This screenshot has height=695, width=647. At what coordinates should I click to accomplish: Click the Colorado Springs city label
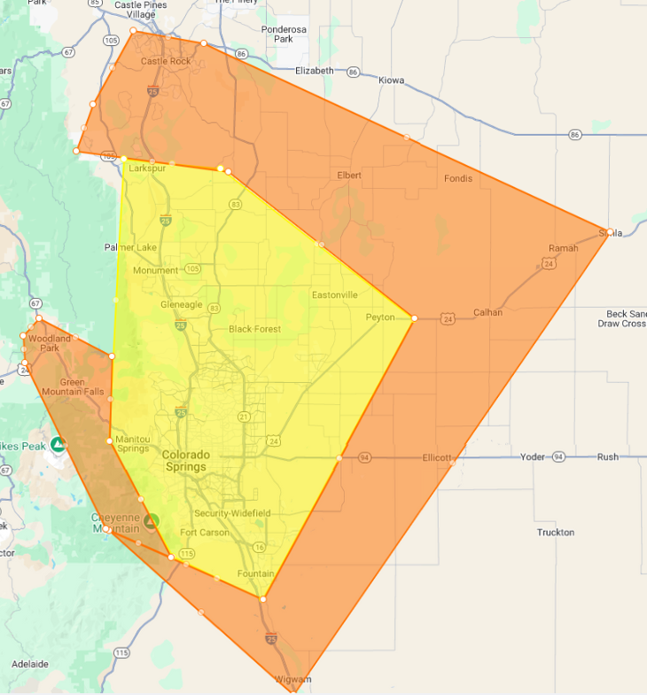click(x=186, y=460)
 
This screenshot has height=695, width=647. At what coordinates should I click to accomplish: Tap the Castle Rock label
click(x=166, y=61)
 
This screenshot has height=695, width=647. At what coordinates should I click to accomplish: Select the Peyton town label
click(x=380, y=316)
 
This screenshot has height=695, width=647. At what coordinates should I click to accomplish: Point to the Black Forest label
click(x=254, y=329)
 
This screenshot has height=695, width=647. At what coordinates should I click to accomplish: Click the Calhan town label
click(x=487, y=312)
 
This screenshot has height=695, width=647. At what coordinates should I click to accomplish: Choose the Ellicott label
click(x=437, y=458)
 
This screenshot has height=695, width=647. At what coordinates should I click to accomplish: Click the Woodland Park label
click(x=50, y=343)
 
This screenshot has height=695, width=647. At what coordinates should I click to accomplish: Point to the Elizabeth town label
click(x=315, y=70)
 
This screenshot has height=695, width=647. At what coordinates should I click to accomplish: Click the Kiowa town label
click(x=391, y=80)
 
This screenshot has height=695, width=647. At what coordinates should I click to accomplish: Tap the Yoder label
click(x=533, y=457)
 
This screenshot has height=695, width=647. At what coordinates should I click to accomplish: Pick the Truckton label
click(x=556, y=533)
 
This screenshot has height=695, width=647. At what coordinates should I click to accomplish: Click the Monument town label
click(x=155, y=270)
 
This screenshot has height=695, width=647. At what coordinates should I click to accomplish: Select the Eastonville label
click(x=334, y=294)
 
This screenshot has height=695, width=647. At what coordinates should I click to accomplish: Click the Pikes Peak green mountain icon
click(x=58, y=443)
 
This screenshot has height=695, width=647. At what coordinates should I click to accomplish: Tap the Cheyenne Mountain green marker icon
click(x=152, y=521)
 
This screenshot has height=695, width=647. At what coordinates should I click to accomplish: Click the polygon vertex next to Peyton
click(x=414, y=317)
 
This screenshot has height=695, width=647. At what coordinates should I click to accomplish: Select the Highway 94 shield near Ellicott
click(x=364, y=457)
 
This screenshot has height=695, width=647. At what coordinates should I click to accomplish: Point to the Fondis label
click(x=458, y=178)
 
